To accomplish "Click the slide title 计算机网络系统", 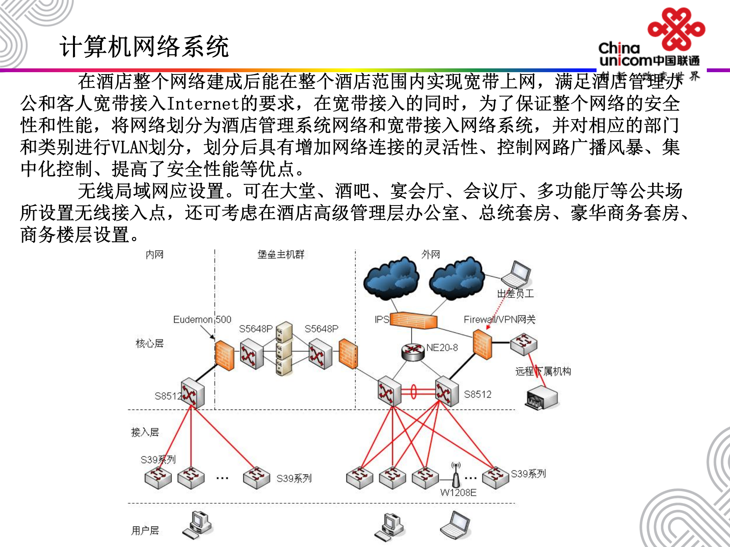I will pyautogui.click(x=144, y=47).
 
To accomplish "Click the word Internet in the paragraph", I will pyautogui.click(x=203, y=103).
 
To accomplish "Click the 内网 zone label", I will pyautogui.click(x=154, y=255).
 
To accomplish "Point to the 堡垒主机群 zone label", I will pyautogui.click(x=281, y=255).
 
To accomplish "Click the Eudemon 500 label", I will pyautogui.click(x=202, y=319).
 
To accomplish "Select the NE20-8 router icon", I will pyautogui.click(x=413, y=352).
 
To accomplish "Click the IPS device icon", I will pyautogui.click(x=414, y=320).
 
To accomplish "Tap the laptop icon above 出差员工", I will pyautogui.click(x=516, y=275).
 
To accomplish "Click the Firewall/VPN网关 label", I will pyautogui.click(x=499, y=319).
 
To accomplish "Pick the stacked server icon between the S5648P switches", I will pyautogui.click(x=284, y=349).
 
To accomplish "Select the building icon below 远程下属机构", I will pyautogui.click(x=541, y=398).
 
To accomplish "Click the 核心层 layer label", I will pyautogui.click(x=149, y=343).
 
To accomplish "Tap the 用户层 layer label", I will pyautogui.click(x=145, y=530).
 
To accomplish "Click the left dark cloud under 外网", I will pyautogui.click(x=391, y=278).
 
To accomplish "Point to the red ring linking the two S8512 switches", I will pyautogui.click(x=414, y=392).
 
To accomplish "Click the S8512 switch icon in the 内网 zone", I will pyautogui.click(x=192, y=393).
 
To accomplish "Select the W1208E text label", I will pyautogui.click(x=458, y=493).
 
